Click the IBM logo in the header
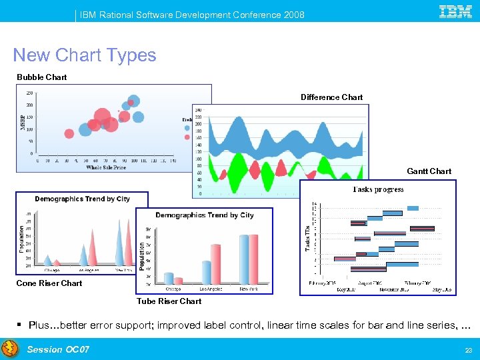(455, 11)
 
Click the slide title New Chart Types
(85, 55)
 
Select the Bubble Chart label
(42, 77)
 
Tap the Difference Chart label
(331, 97)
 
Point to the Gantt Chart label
(429, 171)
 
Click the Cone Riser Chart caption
(49, 283)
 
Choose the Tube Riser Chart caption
(169, 301)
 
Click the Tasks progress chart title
(378, 189)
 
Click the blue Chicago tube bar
(169, 278)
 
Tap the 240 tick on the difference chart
(198, 110)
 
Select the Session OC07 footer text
(58, 349)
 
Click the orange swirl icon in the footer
(10, 349)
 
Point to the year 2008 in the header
(293, 15)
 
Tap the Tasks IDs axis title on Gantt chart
(308, 237)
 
